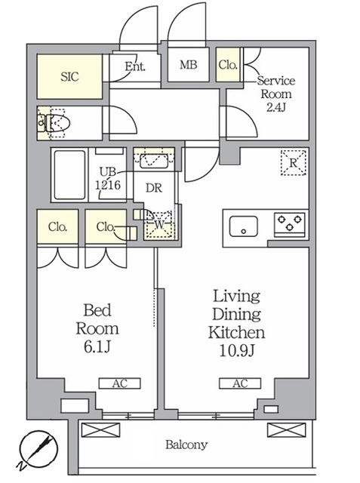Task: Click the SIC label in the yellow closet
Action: point(69,77)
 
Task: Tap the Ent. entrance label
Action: point(135,66)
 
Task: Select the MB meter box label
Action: point(189,65)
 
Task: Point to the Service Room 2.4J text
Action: point(276,94)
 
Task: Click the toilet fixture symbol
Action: point(54,124)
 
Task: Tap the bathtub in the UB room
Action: point(69,175)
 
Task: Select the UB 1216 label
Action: point(108,179)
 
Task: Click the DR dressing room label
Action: point(154,188)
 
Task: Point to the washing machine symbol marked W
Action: point(159,225)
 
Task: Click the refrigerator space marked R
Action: point(294,163)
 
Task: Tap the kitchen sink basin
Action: point(244,226)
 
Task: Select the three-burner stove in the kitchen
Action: point(290,223)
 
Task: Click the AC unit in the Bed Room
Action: point(120,383)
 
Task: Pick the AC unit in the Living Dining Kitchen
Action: point(240,383)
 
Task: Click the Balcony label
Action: point(186,445)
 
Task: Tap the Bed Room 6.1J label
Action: point(97,328)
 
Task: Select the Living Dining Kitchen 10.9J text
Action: point(236,324)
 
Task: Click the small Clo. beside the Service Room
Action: point(228,65)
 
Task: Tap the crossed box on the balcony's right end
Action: point(286,430)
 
